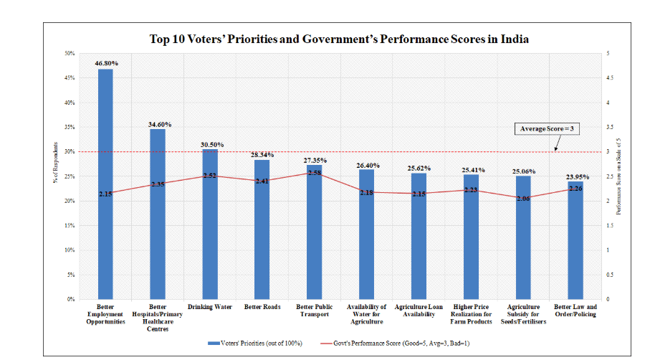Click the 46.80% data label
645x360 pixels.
[x=105, y=63]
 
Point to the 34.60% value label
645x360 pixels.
[x=158, y=123]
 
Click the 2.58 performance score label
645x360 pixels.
[x=314, y=173]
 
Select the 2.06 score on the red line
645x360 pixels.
[x=522, y=198]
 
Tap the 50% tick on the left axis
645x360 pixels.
[x=71, y=54]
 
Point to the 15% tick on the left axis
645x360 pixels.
[x=71, y=226]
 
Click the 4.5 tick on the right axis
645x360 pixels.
[x=610, y=78]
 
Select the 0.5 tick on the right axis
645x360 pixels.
[x=610, y=275]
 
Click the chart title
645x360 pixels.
[x=339, y=39]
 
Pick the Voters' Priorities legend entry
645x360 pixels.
[x=255, y=344]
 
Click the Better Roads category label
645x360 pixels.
[x=262, y=307]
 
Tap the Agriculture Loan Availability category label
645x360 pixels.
[x=419, y=311]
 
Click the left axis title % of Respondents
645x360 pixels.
[x=54, y=176]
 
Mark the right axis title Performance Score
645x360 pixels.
[x=618, y=176]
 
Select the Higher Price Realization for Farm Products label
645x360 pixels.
[x=471, y=314]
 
